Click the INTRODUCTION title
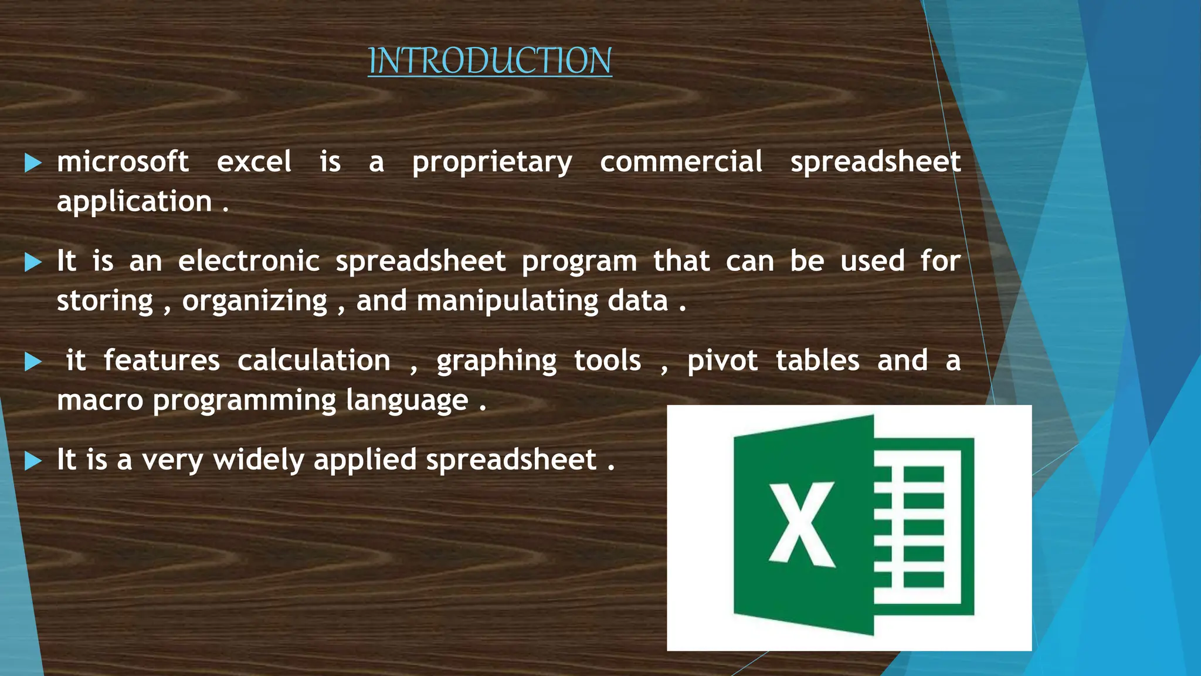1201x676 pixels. click(x=490, y=60)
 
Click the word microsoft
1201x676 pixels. click(x=123, y=162)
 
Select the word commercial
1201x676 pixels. click(x=681, y=162)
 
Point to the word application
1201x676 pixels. click(x=134, y=202)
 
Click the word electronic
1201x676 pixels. click(x=249, y=261)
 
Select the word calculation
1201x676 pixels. click(x=314, y=361)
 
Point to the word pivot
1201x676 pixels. click(x=722, y=361)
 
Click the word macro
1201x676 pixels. click(x=100, y=401)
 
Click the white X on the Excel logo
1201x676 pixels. click(x=802, y=524)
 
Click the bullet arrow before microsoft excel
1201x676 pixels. click(x=33, y=163)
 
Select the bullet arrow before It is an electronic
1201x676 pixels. click(x=33, y=262)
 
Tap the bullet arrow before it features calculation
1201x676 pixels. click(x=33, y=362)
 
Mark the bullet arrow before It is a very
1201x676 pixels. click(x=33, y=461)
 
